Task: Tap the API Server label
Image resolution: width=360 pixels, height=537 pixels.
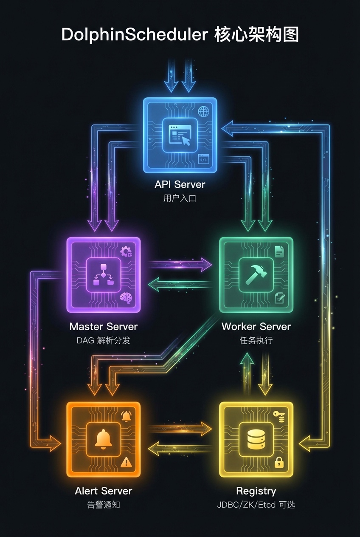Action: (x=180, y=184)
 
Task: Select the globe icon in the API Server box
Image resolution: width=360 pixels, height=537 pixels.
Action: (x=204, y=112)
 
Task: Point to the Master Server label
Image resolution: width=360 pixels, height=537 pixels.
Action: (x=103, y=327)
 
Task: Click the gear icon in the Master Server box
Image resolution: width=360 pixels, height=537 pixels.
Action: (x=126, y=252)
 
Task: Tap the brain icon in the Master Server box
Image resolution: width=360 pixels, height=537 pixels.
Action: (x=126, y=298)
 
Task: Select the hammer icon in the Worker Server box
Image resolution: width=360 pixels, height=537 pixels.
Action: (x=256, y=275)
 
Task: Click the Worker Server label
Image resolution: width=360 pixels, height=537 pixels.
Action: (x=256, y=327)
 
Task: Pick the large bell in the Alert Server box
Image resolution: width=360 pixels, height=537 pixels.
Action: (x=103, y=439)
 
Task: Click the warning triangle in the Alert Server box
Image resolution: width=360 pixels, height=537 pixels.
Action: (x=126, y=462)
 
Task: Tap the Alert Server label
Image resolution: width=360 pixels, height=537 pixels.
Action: (x=103, y=491)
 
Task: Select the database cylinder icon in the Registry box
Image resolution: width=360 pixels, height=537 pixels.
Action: (x=256, y=439)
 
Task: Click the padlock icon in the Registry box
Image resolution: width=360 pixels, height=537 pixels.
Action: (x=279, y=462)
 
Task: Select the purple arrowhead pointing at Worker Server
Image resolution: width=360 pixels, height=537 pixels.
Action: (x=206, y=264)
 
